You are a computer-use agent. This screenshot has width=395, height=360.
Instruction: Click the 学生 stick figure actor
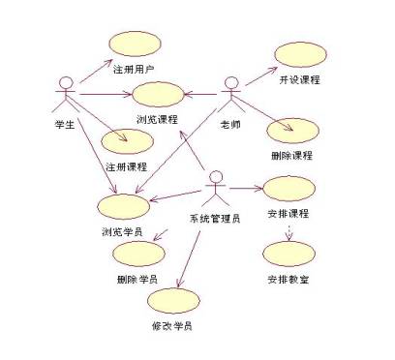[66, 94]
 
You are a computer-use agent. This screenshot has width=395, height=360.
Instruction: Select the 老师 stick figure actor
[231, 94]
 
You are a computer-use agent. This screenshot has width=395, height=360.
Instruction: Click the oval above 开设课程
[298, 54]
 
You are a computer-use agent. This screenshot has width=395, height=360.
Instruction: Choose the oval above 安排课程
[288, 188]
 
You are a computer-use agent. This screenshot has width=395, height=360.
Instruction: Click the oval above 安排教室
[288, 255]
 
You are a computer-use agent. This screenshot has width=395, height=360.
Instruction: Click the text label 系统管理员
[215, 218]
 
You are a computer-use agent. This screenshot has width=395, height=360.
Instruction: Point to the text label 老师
[231, 124]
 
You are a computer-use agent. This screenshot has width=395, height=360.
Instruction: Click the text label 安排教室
[288, 280]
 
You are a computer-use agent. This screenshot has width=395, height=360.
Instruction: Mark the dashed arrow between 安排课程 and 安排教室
[288, 230]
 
